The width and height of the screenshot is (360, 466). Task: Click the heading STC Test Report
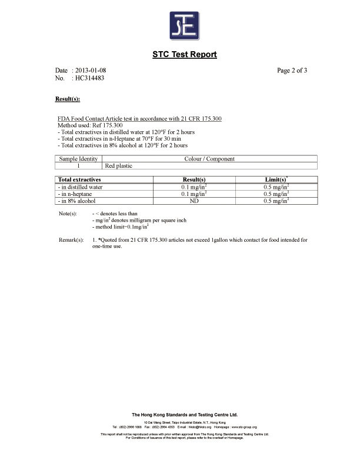184,55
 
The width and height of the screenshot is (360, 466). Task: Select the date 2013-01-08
90,71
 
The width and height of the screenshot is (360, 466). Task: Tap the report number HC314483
90,78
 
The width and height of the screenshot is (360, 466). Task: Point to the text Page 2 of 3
292,71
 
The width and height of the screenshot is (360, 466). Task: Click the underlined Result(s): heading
67,98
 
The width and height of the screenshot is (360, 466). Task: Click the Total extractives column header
79,179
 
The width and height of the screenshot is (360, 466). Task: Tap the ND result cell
193,201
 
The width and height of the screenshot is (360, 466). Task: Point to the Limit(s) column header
276,179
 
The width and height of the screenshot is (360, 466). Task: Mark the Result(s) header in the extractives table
193,179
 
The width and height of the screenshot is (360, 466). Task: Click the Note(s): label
68,213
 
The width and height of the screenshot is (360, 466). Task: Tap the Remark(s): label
71,240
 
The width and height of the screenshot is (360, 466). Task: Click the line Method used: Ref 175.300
89,125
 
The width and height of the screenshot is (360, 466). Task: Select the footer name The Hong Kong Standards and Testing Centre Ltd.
184,415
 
